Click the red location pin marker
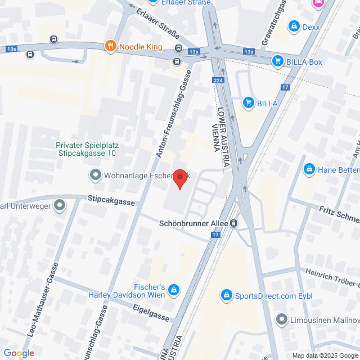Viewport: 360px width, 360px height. tap(180, 179)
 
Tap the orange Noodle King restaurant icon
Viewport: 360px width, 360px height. tap(110, 47)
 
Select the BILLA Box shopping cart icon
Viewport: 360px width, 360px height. tap(277, 61)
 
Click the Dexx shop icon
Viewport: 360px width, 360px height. tap(293, 26)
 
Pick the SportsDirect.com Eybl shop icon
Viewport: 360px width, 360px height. tap(226, 294)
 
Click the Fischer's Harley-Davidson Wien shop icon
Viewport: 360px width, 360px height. tap(174, 289)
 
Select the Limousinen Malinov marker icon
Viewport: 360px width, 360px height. tap(282, 319)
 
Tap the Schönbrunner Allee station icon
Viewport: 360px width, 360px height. tap(233, 223)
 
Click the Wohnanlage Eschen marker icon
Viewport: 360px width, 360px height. tap(94, 175)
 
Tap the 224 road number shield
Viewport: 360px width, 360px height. tap(217, 81)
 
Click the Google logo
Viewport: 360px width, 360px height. tap(18, 353)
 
